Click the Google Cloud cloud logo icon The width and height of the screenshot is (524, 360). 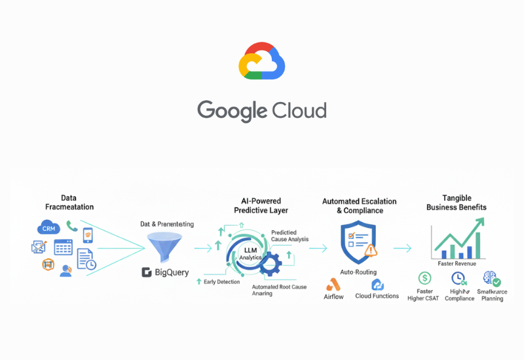262,62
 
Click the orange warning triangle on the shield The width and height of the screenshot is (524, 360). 371,250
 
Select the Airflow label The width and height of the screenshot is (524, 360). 334,297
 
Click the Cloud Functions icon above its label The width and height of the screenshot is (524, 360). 377,285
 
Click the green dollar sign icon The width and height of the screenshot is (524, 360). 424,278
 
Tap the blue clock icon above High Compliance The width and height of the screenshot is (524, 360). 458,278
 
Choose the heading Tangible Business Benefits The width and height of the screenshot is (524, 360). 457,203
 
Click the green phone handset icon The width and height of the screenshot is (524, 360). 72,226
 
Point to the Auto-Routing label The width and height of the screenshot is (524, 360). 358,272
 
